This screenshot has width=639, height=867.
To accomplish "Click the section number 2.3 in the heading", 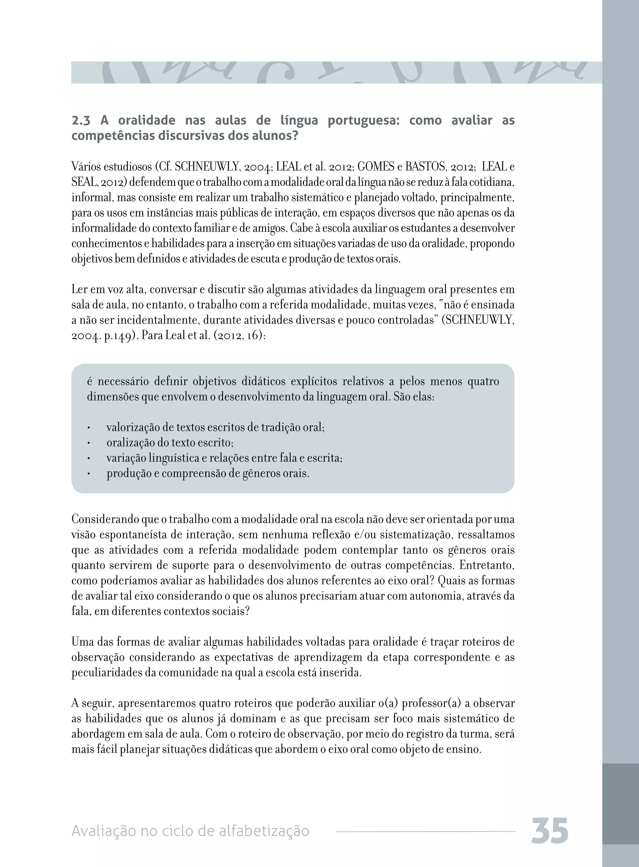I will point(81,121).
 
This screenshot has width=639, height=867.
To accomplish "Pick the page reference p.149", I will point(116,335).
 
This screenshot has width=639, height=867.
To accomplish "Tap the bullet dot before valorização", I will point(89,428).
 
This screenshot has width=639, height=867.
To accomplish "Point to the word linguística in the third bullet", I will point(174,458).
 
